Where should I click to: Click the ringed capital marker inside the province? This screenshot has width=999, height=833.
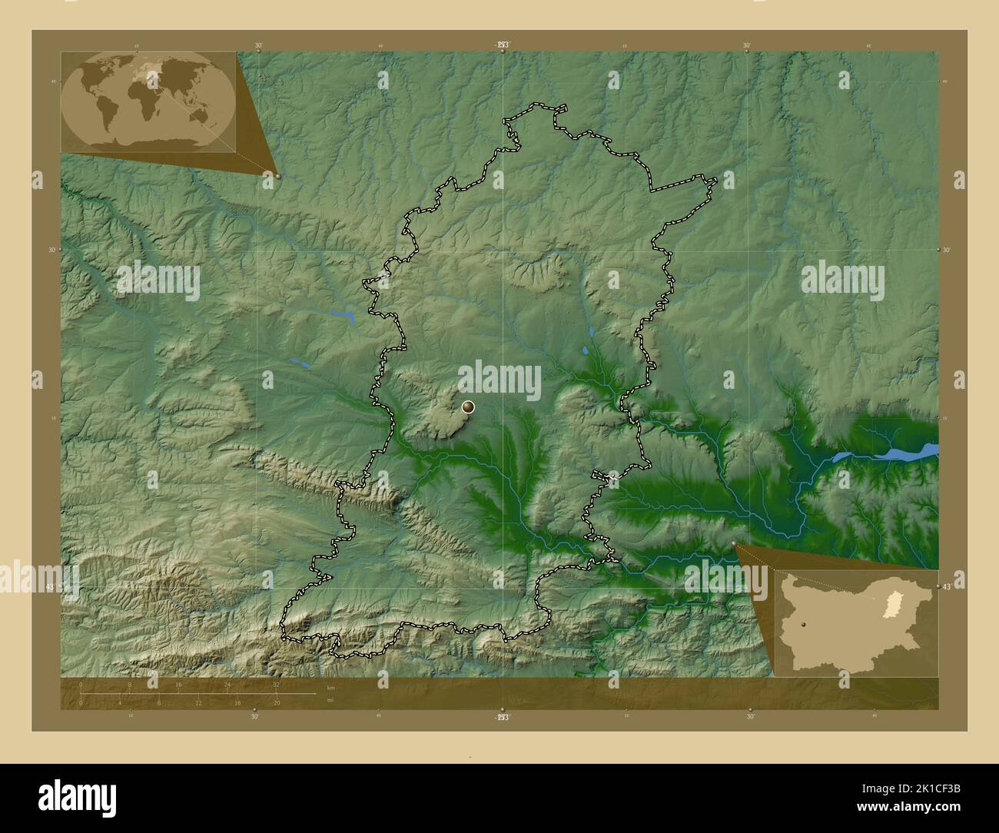click(x=468, y=407)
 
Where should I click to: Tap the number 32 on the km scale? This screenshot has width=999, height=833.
click(x=276, y=684)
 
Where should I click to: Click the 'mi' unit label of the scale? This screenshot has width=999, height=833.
click(x=330, y=700)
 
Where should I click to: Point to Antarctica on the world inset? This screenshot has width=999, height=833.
click(x=146, y=143)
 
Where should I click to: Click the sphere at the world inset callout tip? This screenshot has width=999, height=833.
click(x=277, y=175)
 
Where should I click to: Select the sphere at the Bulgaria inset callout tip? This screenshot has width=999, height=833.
click(x=735, y=543)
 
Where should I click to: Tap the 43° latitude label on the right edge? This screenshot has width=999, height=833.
click(x=947, y=587)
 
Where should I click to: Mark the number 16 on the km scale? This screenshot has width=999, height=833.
click(x=178, y=684)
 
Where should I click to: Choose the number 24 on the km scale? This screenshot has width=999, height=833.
click(x=227, y=684)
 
